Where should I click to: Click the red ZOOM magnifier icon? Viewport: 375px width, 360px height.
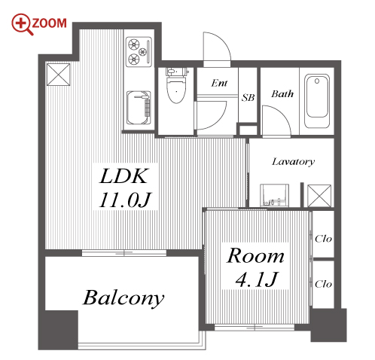(x=22, y=24)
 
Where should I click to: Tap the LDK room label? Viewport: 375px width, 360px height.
(x=123, y=176)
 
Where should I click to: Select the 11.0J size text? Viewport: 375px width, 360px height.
(x=125, y=200)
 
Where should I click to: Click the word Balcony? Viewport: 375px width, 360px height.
(x=123, y=298)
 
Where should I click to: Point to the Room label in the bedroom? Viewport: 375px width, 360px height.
(x=255, y=256)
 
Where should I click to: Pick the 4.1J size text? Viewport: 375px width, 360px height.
(x=257, y=279)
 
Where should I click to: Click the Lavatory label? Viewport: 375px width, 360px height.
(x=293, y=162)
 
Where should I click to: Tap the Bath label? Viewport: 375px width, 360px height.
(x=282, y=94)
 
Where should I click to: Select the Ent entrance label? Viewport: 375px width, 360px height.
(x=219, y=83)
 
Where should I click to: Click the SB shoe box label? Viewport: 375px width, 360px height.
(x=248, y=97)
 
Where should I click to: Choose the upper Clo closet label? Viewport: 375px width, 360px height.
(x=323, y=239)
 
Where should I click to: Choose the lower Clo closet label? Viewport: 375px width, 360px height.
(x=323, y=284)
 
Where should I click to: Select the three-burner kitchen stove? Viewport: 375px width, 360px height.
(x=139, y=52)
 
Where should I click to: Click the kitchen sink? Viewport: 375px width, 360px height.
(x=139, y=108)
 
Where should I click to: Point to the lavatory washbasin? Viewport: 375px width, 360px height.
(x=274, y=195)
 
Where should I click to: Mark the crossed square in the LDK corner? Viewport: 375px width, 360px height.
(x=58, y=75)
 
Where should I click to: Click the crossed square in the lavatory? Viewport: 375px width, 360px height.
(x=319, y=196)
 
